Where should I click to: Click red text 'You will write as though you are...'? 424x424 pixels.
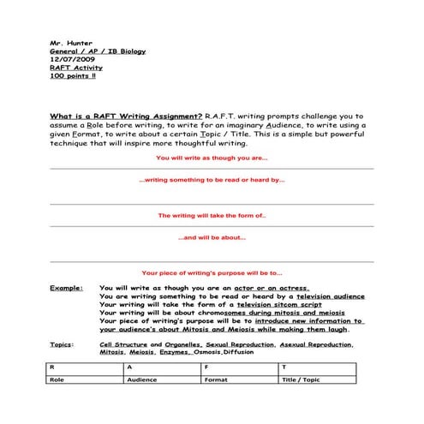coord(212,158)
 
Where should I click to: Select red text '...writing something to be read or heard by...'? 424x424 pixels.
coord(212,181)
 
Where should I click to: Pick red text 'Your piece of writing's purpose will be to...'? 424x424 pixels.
coord(212,271)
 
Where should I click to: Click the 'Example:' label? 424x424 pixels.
coord(66,289)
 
